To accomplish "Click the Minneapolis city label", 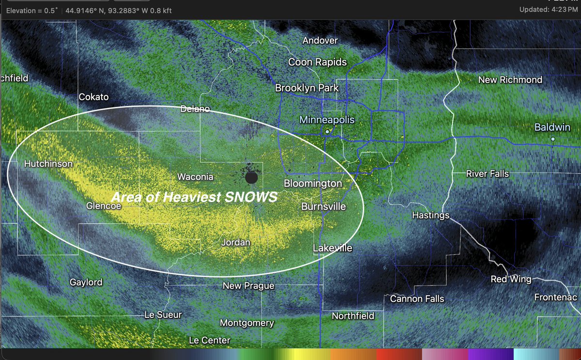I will [327, 120].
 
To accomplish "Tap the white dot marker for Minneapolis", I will [327, 131].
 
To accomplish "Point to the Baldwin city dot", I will [552, 139].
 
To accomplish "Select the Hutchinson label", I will [48, 164].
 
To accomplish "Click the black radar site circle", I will [251, 178].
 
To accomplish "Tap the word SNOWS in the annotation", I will [253, 197].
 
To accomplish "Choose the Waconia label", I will [195, 177].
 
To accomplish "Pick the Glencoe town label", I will [103, 206].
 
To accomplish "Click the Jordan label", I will [235, 242].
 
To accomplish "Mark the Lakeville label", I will [332, 248].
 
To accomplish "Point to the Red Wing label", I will [511, 279].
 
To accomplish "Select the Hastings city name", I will [431, 215].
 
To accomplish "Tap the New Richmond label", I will [510, 79].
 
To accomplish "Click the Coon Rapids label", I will [318, 62].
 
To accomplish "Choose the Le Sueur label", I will [163, 315].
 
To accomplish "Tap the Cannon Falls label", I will [417, 298].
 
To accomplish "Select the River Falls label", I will [487, 173].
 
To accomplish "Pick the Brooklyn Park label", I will [307, 88].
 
